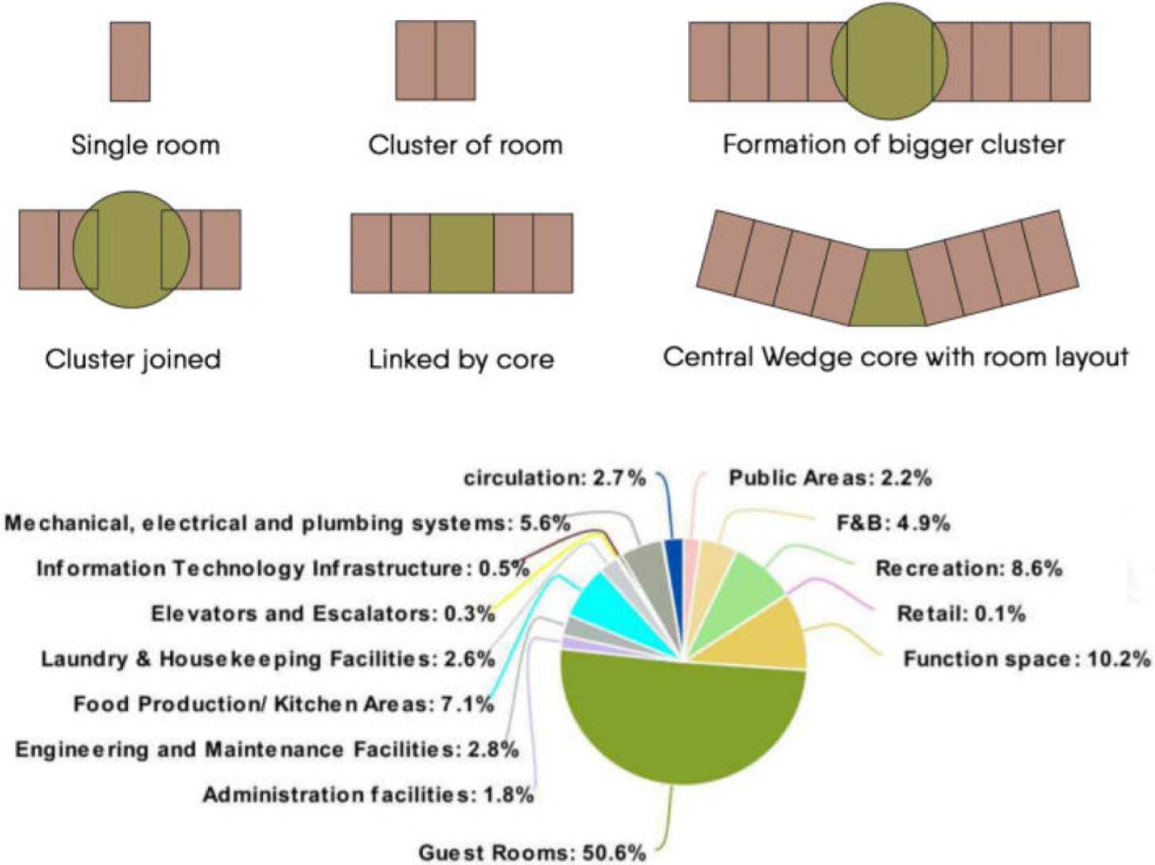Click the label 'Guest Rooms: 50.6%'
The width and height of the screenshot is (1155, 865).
[x=532, y=852]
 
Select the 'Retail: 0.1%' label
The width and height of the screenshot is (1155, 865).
[x=961, y=614]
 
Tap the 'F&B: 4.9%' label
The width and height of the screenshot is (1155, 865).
[x=893, y=523]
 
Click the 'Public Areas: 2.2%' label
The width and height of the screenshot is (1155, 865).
[x=830, y=478]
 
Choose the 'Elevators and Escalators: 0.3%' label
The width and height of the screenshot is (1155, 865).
[x=323, y=614]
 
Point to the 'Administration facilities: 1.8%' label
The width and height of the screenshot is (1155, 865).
[x=368, y=795]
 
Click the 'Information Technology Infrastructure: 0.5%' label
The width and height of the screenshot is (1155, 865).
[x=283, y=568]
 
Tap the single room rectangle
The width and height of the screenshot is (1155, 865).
[x=130, y=62]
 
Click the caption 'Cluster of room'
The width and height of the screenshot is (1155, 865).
[x=465, y=145]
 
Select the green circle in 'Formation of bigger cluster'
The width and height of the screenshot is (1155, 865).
[x=889, y=62]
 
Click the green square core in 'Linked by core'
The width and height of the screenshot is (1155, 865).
[x=461, y=253]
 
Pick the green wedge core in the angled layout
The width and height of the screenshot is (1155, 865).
[x=886, y=289]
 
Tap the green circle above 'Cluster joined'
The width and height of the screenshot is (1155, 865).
[x=130, y=249]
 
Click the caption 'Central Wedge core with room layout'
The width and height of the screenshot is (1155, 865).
[x=895, y=357]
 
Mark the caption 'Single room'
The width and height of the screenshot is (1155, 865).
[x=145, y=145]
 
